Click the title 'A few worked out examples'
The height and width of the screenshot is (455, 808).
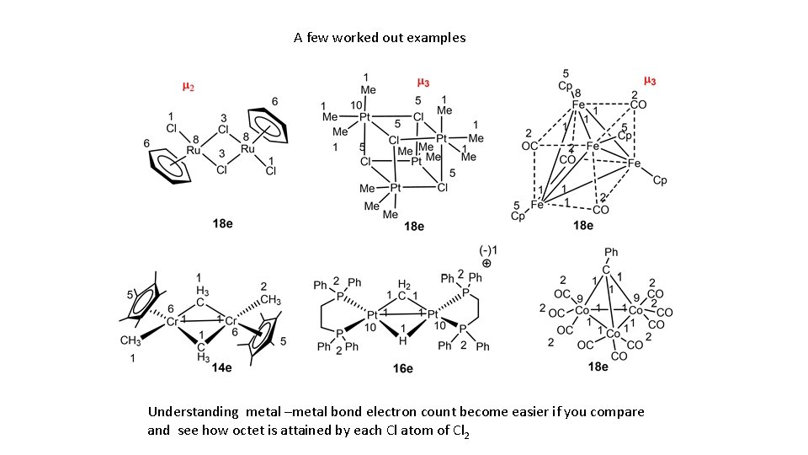tap(380, 38)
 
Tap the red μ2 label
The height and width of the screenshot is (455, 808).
tap(190, 86)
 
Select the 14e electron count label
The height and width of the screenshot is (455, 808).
tap(222, 367)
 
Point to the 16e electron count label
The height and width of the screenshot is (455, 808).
tap(402, 367)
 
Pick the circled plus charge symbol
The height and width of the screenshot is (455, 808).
tap(486, 263)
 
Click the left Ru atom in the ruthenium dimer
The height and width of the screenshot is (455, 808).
tap(194, 150)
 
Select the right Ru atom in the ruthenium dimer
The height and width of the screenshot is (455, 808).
tap(247, 150)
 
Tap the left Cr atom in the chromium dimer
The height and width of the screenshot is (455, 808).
tap(173, 321)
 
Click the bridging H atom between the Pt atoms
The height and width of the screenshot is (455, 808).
tap(403, 341)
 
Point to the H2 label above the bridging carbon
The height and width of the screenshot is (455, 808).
tap(404, 285)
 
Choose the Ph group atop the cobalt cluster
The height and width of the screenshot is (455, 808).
tap(611, 252)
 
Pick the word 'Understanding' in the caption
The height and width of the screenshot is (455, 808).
tap(194, 412)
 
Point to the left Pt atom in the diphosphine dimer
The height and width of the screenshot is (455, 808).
tap(371, 313)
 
